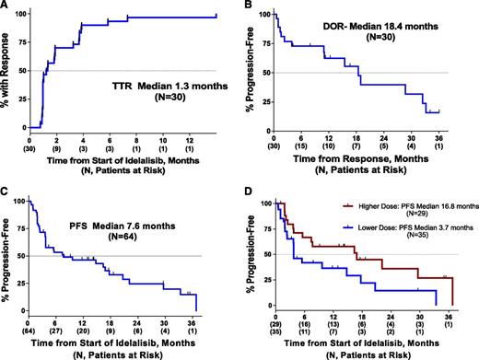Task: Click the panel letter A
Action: tap(6, 7)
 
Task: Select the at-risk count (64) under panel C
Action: tap(31, 329)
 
